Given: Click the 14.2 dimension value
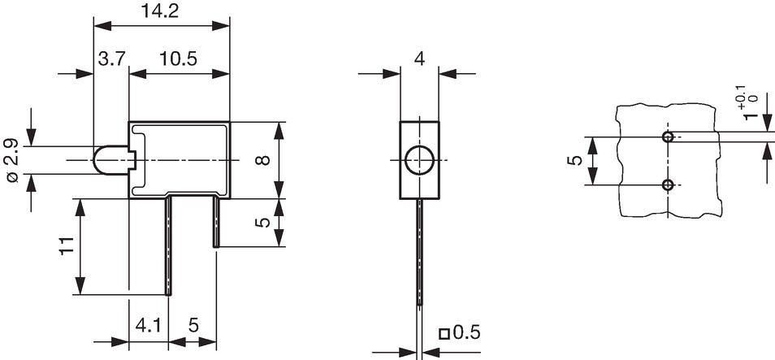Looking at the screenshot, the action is [160, 11].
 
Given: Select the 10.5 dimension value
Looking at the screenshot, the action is [178, 59].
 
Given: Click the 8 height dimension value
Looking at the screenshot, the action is [265, 160].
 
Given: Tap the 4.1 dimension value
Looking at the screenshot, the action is [148, 326].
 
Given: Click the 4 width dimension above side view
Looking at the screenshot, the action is [419, 59].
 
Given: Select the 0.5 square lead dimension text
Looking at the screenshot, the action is [466, 333].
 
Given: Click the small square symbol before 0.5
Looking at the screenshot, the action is [444, 334].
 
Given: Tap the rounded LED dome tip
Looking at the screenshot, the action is [95, 160].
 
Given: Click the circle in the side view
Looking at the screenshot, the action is [419, 160].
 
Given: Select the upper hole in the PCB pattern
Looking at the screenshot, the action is [668, 137].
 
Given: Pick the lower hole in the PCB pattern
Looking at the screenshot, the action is [668, 185].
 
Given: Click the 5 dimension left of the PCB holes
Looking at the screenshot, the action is [576, 161].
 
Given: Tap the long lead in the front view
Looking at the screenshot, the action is [168, 246].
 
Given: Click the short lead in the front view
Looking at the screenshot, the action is [216, 222].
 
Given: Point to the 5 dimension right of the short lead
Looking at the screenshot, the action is [265, 223].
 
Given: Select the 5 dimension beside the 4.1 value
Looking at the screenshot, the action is [193, 326].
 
